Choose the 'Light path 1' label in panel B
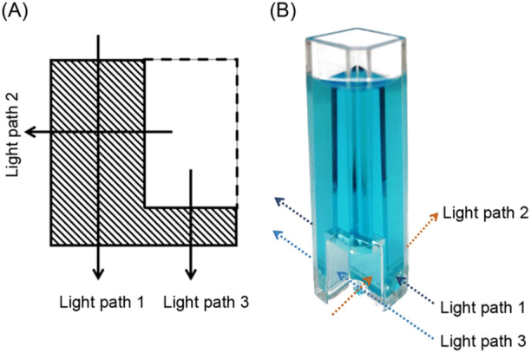click(x=482, y=307)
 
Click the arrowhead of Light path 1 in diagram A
click(x=99, y=272)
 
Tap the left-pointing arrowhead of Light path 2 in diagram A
click(x=31, y=132)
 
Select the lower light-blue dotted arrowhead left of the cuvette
click(x=275, y=233)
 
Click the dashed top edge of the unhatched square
click(x=191, y=59)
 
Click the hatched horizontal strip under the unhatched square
click(x=191, y=226)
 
